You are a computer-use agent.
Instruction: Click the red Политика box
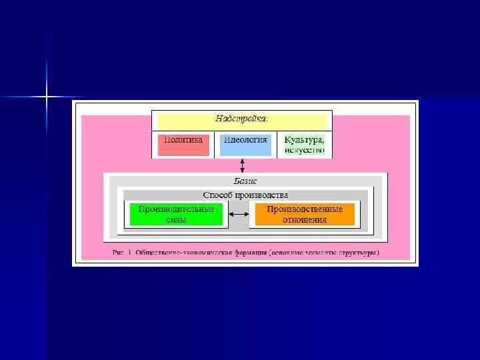coord(183,145)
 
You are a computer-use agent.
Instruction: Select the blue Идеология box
coord(245,145)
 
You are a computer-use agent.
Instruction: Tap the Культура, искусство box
coord(305,145)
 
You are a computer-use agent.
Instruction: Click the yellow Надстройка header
coord(242,120)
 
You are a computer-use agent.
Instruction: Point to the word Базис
coord(245,181)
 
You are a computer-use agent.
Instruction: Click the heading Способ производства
coord(245,195)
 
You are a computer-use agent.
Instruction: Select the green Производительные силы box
coord(176,214)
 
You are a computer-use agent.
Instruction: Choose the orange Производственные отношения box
coord(304,214)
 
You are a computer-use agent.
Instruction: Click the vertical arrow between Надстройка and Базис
coord(243,165)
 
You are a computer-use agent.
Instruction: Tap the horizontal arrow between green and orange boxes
coord(239,215)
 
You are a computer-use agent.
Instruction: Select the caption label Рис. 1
coord(123,253)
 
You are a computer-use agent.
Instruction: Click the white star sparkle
coord(47,97)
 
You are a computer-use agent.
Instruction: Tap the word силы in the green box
coord(176,220)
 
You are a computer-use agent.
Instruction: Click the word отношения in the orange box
coord(304,220)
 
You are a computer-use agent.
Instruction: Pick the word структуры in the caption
coord(358,253)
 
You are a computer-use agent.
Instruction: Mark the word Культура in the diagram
coord(304,140)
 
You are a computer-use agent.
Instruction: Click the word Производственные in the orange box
coord(304,209)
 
